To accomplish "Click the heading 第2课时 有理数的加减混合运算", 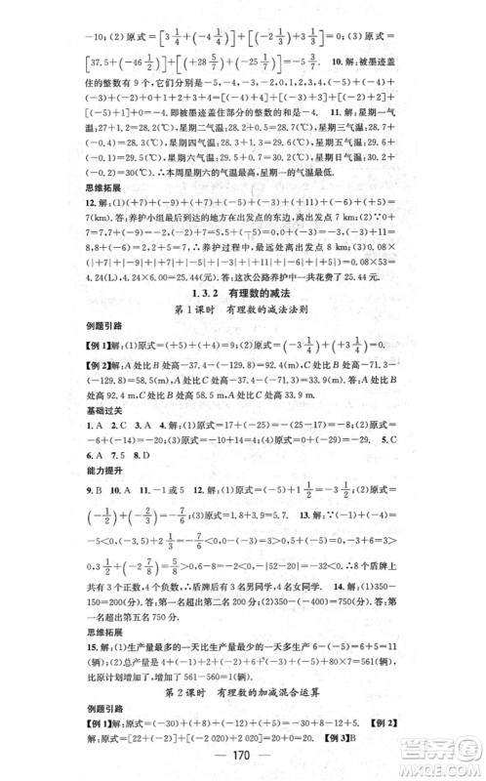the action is pyautogui.click(x=244, y=695).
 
